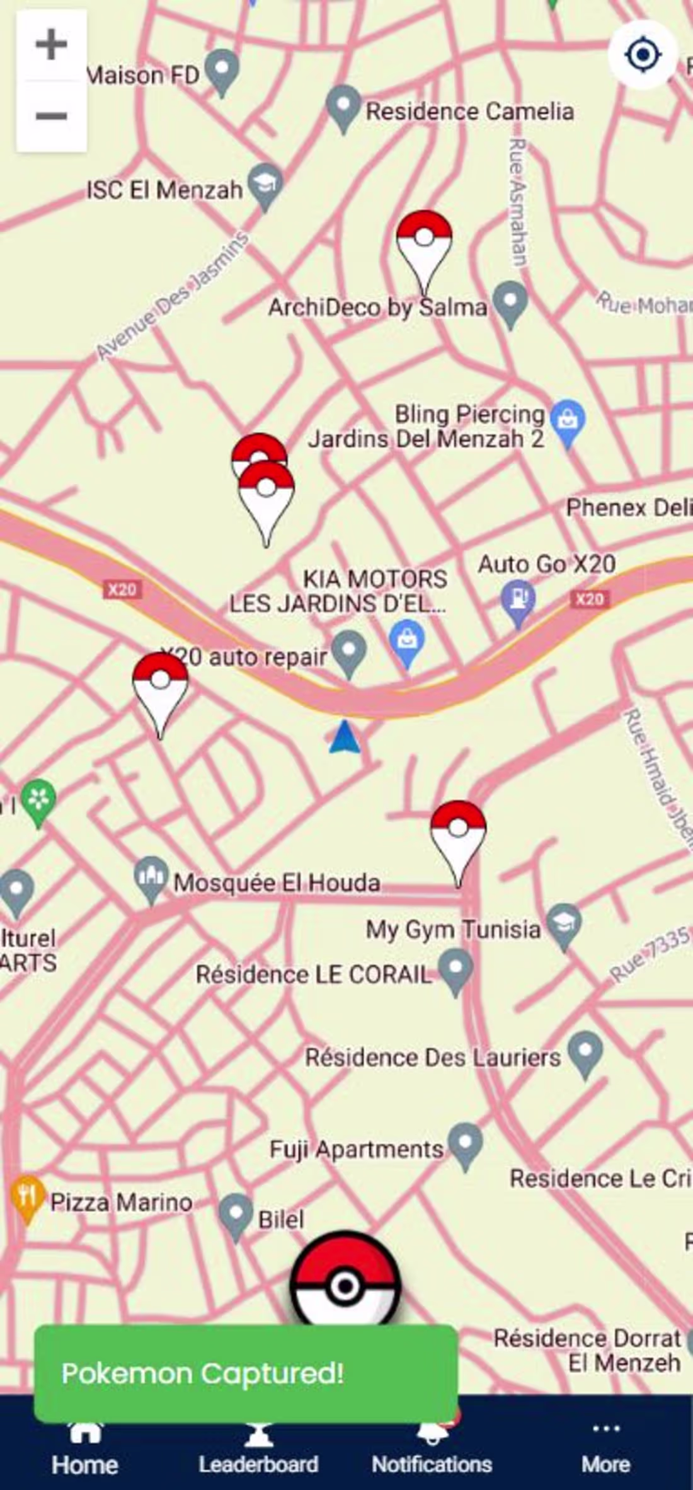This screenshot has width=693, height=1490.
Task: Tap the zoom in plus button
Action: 51,45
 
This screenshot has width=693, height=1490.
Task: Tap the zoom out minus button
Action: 51,116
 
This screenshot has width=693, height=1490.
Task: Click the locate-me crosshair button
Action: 642,55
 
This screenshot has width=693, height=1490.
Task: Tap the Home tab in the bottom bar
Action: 84,1452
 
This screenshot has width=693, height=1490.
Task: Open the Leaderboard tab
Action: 258,1452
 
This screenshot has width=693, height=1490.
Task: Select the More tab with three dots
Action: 605,1452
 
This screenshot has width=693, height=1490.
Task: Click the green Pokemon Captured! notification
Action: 246,1373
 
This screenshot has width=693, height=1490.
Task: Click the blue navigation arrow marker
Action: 345,738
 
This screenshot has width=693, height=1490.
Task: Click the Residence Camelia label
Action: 469,112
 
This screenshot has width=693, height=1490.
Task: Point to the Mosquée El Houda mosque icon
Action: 151,876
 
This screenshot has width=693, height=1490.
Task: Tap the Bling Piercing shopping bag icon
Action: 568,419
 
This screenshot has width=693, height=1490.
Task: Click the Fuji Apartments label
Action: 356,1149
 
